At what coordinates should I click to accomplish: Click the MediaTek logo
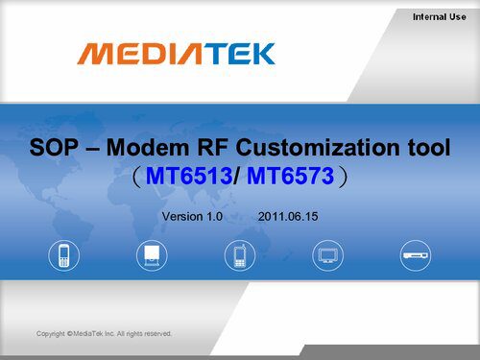pos(176,53)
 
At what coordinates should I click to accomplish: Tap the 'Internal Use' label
pos(440,16)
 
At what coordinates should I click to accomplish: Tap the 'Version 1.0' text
pos(192,218)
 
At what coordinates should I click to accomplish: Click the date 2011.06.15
pos(287,218)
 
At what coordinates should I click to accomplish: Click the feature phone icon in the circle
pos(63,255)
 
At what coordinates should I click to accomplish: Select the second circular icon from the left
pos(152,255)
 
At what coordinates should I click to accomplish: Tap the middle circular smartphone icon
pos(240,255)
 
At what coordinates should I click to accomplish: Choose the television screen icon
pos(328,255)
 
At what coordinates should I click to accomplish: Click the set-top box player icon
pos(417,255)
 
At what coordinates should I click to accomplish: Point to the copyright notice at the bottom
pos(104,333)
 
